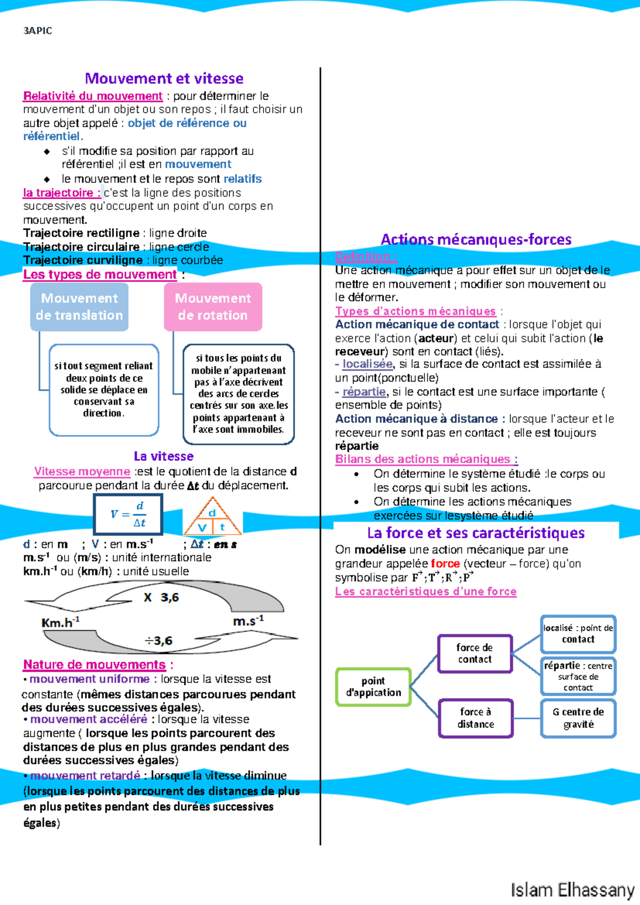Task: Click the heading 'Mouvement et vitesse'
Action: (164, 79)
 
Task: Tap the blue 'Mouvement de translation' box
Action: (79, 307)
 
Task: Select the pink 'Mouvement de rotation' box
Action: (213, 307)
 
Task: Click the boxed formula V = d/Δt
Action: (128, 514)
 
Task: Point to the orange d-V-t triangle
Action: (212, 518)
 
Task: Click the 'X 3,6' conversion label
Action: (161, 598)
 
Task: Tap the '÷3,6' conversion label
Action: (159, 641)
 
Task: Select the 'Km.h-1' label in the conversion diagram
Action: (60, 623)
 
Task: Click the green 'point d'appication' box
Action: (373, 687)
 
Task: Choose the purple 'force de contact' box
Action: (475, 653)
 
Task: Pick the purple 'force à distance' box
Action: (476, 718)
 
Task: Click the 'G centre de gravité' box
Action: (578, 718)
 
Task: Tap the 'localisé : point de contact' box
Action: (578, 634)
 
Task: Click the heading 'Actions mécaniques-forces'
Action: (476, 240)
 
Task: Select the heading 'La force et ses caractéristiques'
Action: (476, 533)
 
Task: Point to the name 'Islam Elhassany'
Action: (572, 890)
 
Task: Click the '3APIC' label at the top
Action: (38, 31)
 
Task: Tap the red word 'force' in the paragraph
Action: (445, 563)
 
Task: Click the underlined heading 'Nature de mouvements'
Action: (94, 665)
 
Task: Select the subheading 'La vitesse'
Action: (164, 456)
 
